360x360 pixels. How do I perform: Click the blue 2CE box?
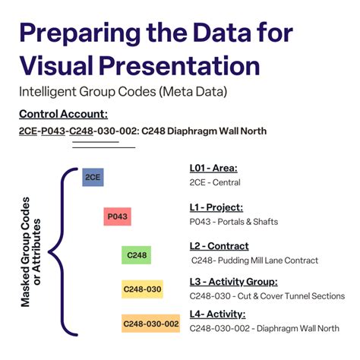pos(93,177)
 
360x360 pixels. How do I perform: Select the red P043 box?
pos(117,216)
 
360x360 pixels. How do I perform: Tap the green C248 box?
pos(137,255)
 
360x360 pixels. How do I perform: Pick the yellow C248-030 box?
pos(142,289)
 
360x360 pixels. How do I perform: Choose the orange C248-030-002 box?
pos(150,324)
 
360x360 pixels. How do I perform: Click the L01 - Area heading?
pos(213,168)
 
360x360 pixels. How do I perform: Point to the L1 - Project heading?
pos(216,207)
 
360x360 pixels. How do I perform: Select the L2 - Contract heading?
pos(219,246)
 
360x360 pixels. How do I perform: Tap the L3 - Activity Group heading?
pos(234,283)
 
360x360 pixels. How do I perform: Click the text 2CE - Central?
pos(215,182)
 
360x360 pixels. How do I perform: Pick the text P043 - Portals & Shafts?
pos(234,222)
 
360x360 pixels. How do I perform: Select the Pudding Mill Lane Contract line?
pos(254,261)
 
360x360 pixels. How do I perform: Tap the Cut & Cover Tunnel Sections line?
pos(267,296)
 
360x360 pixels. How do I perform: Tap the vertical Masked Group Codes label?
pos(31,251)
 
